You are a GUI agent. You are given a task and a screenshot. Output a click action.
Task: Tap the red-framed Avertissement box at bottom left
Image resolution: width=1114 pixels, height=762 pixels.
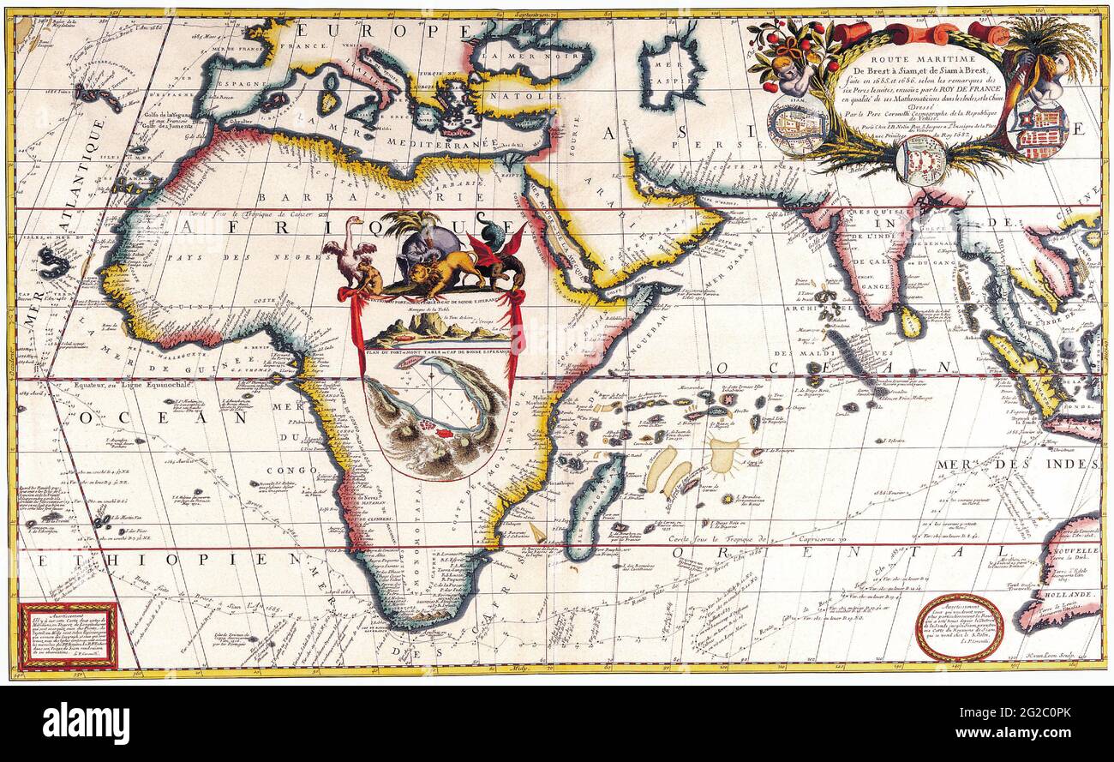click(x=68, y=636)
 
